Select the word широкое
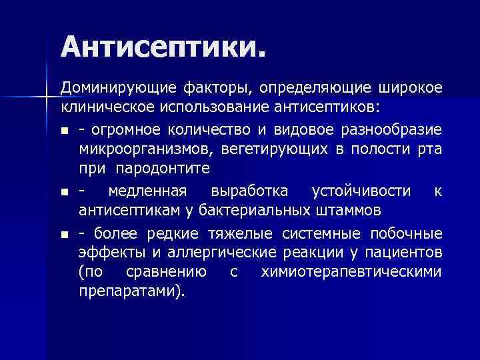(x=410, y=89)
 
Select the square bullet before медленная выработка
(x=65, y=192)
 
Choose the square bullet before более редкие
(x=65, y=234)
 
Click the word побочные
(x=407, y=233)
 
